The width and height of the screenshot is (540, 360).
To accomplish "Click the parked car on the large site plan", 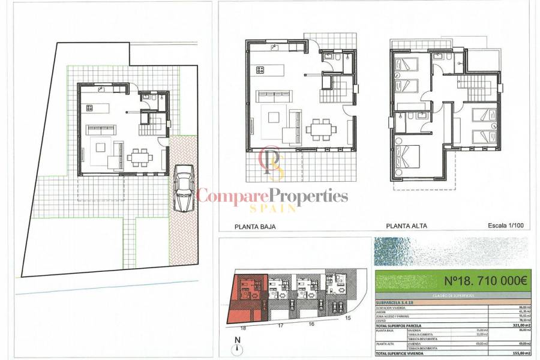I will point(184,188).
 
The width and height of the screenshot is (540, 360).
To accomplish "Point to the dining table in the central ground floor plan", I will point(319,128).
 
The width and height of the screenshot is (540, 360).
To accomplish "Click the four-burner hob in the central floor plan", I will point(260,70).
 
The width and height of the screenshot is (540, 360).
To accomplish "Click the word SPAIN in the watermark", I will point(273,208).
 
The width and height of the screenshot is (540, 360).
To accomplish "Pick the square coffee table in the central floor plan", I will point(273,117).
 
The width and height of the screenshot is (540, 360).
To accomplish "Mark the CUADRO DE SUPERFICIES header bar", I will point(451,295).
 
